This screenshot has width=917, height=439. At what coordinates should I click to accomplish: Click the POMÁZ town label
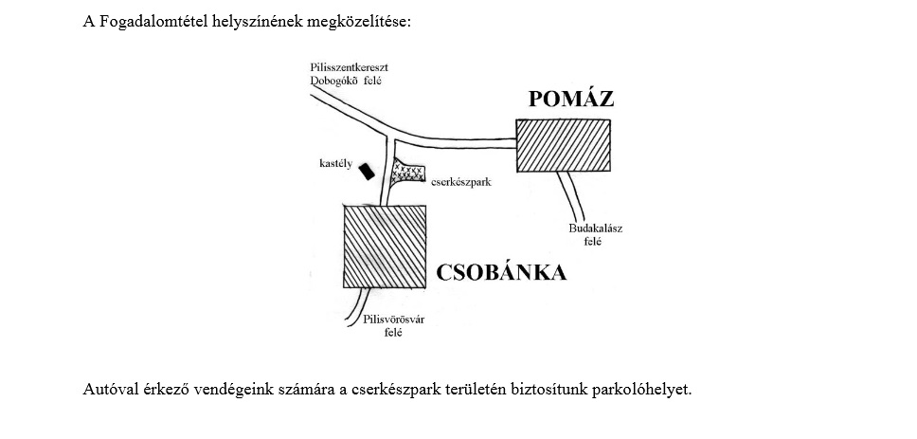coord(571,99)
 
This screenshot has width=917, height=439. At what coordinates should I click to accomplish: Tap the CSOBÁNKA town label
coord(501,273)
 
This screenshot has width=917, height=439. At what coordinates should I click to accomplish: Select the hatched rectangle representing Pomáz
coord(564,146)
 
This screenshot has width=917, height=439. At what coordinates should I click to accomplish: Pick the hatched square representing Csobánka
coord(385,247)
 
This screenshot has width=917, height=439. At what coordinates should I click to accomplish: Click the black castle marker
coord(367,171)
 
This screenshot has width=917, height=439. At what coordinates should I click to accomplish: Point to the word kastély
coord(336,164)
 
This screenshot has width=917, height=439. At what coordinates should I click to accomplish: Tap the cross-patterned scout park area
coord(405,174)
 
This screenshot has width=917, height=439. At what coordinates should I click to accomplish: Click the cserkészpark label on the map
coord(460,182)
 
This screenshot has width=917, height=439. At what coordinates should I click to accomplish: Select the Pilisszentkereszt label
coord(350,68)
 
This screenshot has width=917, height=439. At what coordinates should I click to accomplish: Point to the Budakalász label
coord(595,229)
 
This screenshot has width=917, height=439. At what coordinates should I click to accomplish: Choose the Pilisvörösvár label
coord(393,320)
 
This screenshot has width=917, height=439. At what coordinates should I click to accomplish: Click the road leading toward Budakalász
coord(570,195)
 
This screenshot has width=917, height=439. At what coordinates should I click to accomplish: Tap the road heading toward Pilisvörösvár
coord(359,306)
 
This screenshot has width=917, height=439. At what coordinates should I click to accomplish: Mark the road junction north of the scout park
coord(390,137)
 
